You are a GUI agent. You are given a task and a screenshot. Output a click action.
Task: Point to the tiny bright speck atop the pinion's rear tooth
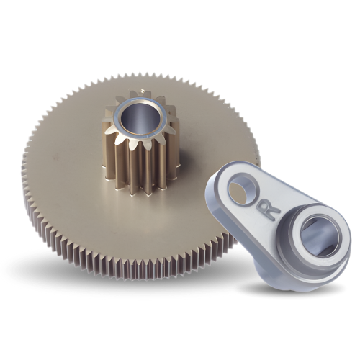coord(143,91)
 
